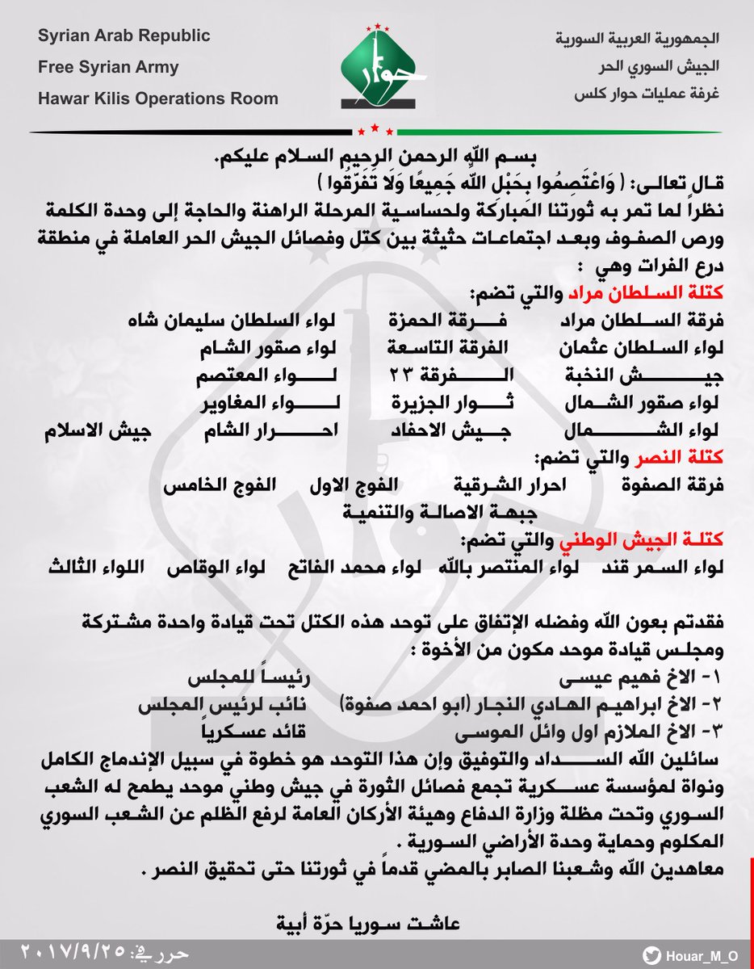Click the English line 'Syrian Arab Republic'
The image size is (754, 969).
(124, 36)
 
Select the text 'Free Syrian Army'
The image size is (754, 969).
(108, 68)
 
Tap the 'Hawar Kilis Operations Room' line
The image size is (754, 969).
(158, 99)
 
